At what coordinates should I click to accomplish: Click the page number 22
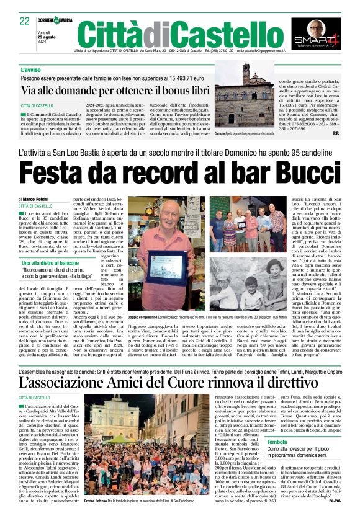(x=25, y=20)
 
